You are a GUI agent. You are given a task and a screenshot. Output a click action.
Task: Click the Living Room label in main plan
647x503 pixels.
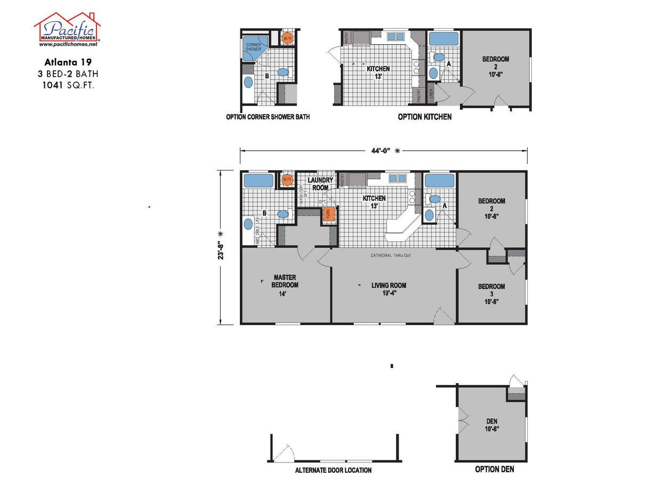389,288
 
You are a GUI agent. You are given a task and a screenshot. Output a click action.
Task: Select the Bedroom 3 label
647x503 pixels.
491,294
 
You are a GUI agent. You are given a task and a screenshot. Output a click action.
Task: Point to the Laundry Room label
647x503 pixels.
320,184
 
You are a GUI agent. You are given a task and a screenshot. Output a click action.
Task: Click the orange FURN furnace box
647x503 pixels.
329,214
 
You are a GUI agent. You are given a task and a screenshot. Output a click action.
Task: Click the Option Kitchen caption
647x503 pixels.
424,117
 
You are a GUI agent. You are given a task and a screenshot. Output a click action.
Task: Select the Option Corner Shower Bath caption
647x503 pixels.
268,117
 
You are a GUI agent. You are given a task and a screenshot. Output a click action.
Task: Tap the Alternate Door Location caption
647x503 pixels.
333,470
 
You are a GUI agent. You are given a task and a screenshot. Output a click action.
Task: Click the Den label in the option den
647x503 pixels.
492,424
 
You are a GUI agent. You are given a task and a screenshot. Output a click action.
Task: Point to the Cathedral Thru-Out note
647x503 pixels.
391,256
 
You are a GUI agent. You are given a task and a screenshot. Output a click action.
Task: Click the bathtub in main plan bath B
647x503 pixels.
258,181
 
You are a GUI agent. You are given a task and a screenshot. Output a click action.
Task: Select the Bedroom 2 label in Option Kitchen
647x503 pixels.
495,66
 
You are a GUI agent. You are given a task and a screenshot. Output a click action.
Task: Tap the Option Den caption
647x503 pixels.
494,469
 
